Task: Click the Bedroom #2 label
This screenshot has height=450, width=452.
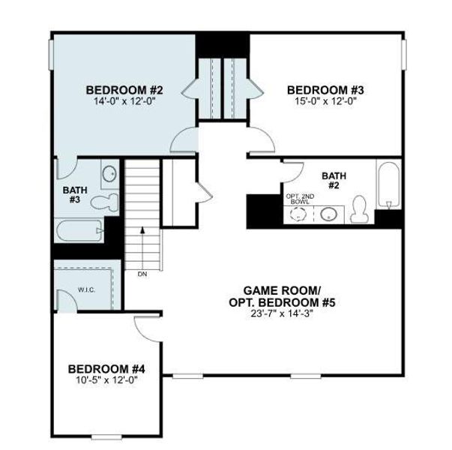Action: pyautogui.click(x=124, y=91)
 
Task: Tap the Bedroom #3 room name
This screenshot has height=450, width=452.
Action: pyautogui.click(x=321, y=91)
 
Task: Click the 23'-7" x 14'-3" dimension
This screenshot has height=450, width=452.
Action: pyautogui.click(x=283, y=315)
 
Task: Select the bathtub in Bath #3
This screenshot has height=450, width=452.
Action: pyautogui.click(x=79, y=230)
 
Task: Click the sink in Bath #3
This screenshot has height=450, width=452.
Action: pyautogui.click(x=109, y=173)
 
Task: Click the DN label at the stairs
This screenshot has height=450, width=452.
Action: pyautogui.click(x=142, y=274)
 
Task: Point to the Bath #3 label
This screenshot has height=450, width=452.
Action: pyautogui.click(x=73, y=194)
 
